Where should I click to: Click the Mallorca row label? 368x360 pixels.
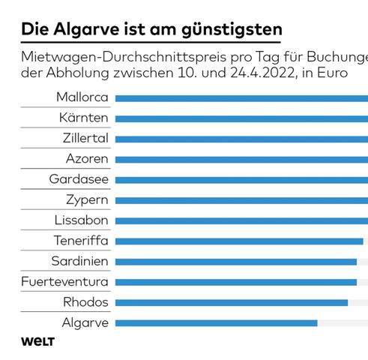(82, 97)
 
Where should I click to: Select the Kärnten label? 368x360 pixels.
(83, 118)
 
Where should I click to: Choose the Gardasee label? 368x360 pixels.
(79, 179)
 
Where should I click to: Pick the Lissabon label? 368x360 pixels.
(81, 220)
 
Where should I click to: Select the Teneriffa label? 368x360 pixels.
(81, 241)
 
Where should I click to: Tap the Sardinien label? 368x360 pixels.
(79, 261)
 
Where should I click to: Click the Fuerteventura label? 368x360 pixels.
(65, 282)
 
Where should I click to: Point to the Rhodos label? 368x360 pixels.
(85, 302)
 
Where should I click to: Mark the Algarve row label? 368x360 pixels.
(85, 322)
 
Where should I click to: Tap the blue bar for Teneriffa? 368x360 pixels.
(239, 241)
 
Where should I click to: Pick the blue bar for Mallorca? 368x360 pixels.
(241, 98)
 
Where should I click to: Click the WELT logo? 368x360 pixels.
(37, 342)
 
